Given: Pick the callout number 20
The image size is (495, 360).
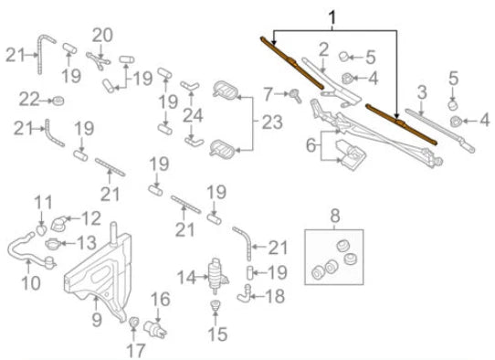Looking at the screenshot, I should tap(102, 35).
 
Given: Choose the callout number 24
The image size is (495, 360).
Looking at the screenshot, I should tap(191, 117).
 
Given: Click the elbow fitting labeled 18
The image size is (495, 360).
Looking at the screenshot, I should tap(243, 295).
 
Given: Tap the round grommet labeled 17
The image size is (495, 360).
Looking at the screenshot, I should tap(133, 322).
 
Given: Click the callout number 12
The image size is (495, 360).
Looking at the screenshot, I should tap(91, 218).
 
